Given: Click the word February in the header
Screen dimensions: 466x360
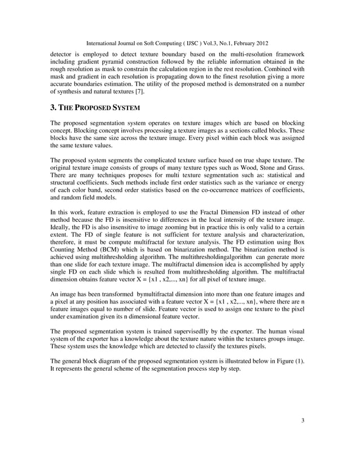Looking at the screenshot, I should coord(244,43).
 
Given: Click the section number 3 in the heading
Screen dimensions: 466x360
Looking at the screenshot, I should coord(52,107).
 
